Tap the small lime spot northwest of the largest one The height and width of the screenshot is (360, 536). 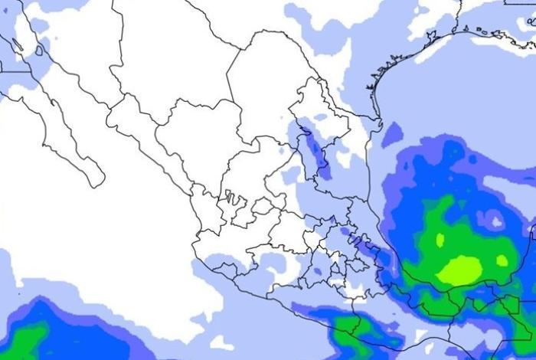click(x=440, y=240)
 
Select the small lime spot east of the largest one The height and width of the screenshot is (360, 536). click(x=502, y=260)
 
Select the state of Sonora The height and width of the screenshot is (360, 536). click(x=77, y=46)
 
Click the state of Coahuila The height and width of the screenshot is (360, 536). click(x=264, y=84)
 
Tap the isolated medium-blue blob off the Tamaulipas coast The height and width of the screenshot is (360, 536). click(x=393, y=135)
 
